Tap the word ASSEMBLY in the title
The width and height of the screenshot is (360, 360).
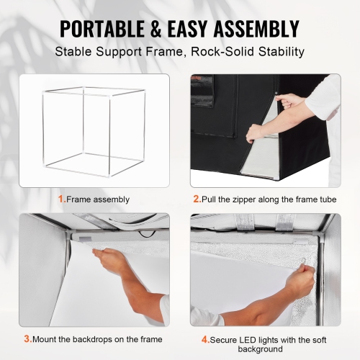pyautogui.click(x=253, y=29)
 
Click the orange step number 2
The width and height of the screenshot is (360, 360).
pyautogui.click(x=194, y=199)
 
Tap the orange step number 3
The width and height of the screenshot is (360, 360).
pyautogui.click(x=27, y=339)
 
